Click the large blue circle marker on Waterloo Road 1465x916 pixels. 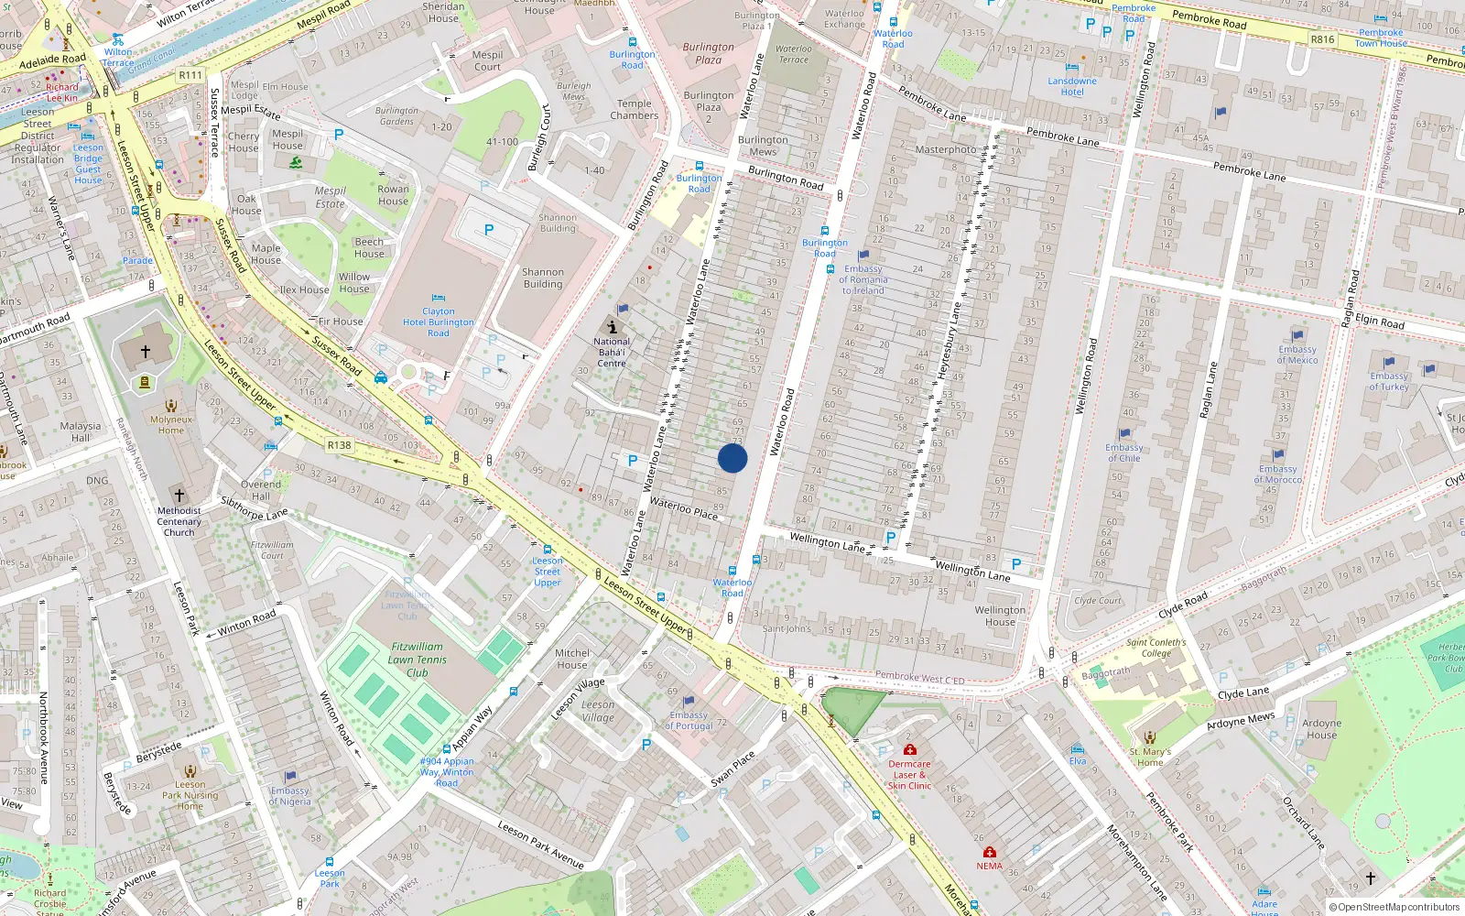point(732,458)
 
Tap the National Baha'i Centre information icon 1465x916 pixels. point(612,327)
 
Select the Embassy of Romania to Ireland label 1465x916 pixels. point(863,279)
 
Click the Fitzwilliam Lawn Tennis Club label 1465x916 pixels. point(417,660)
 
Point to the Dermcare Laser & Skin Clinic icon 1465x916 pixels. point(909,749)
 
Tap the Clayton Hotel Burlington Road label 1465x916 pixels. point(439,322)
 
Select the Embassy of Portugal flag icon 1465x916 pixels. point(689,702)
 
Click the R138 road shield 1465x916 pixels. point(339,445)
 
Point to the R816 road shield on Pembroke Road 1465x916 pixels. point(1322,39)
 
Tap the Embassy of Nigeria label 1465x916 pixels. point(290,796)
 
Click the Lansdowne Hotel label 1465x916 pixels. point(1072,86)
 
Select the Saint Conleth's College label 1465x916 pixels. point(1156,648)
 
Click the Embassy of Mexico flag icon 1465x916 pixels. point(1297,336)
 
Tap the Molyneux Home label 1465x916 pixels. point(171,425)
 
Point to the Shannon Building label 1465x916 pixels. point(543,278)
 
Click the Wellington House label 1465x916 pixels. point(1000,616)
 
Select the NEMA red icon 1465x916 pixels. point(989,852)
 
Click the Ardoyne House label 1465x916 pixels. point(1321,728)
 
